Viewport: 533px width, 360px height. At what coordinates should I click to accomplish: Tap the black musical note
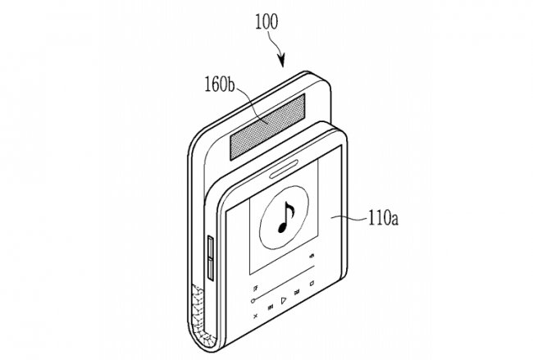[x=286, y=217]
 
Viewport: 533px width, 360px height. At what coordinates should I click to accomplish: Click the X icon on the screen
[x=255, y=316]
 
